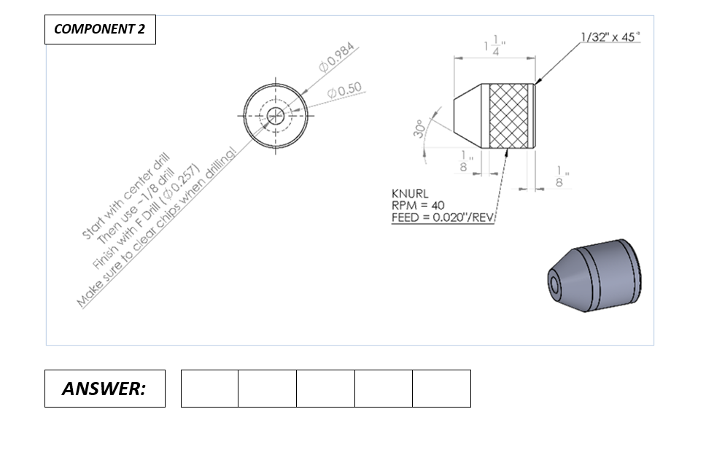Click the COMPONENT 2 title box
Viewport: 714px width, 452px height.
coord(100,29)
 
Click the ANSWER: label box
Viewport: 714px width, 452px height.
coord(104,389)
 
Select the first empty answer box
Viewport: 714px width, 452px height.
coord(209,389)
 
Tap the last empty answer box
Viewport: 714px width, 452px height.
coord(441,389)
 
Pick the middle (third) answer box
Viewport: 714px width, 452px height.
coord(325,389)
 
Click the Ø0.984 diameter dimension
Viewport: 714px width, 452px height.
coord(337,58)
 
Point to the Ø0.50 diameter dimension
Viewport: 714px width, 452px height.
coord(344,90)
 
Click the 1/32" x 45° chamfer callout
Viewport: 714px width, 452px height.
coord(610,37)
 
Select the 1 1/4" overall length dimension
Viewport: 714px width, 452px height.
coord(495,47)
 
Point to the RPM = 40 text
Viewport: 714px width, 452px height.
coord(418,206)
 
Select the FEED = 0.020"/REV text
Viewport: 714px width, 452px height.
coord(443,217)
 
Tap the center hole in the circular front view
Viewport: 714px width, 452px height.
coord(276,114)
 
